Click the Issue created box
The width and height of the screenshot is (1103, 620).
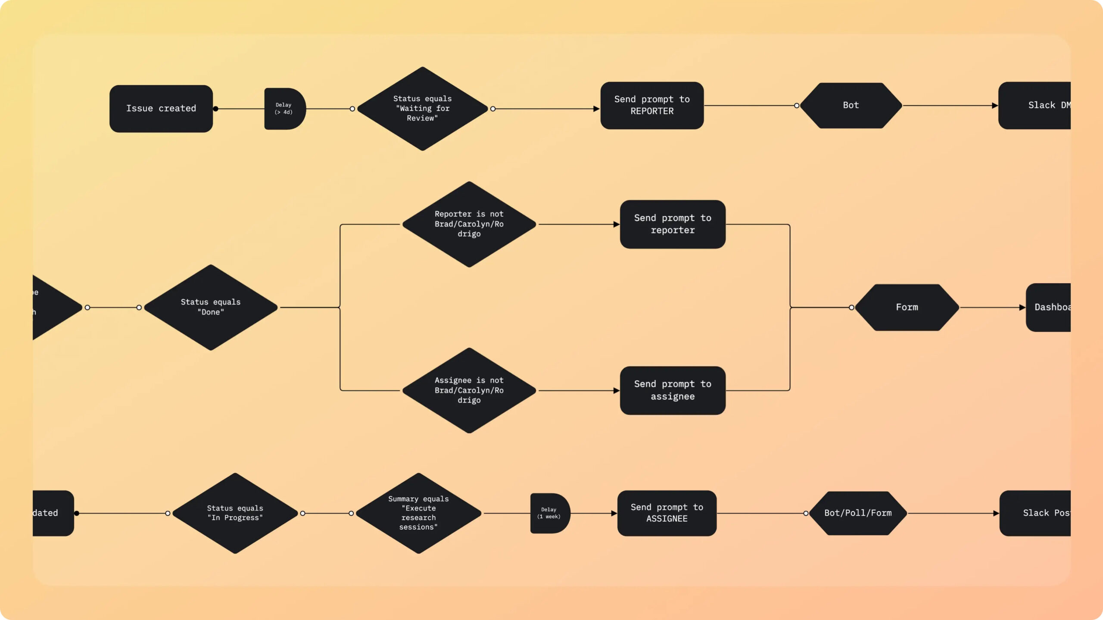pyautogui.click(x=161, y=109)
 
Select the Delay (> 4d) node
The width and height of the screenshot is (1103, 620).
pyautogui.click(x=284, y=109)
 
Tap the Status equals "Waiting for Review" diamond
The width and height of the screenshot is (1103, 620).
pyautogui.click(x=422, y=109)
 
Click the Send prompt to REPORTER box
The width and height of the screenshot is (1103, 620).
pyautogui.click(x=652, y=106)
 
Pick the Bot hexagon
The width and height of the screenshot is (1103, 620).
pyautogui.click(x=851, y=106)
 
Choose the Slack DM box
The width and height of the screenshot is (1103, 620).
pyautogui.click(x=1036, y=106)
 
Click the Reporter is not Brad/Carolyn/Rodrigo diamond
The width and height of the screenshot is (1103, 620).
pyautogui.click(x=469, y=224)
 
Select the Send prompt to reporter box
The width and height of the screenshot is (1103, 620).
pyautogui.click(x=672, y=224)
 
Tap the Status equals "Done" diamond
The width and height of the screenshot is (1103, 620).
pyautogui.click(x=211, y=307)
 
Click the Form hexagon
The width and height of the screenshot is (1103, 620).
pyautogui.click(x=907, y=307)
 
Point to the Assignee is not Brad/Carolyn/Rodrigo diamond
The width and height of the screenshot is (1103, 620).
pyautogui.click(x=469, y=390)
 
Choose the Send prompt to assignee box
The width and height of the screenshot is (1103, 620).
pyautogui.click(x=672, y=390)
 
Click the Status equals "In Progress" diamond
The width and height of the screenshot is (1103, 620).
pyautogui.click(x=235, y=513)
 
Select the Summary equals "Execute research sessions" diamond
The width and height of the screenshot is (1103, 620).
pyautogui.click(x=418, y=513)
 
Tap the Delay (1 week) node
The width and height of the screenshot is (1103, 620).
pyautogui.click(x=549, y=513)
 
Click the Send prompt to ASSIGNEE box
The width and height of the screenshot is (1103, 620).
pyautogui.click(x=667, y=513)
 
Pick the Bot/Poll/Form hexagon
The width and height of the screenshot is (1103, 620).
pyautogui.click(x=858, y=513)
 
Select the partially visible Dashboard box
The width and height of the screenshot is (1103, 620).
pyautogui.click(x=1050, y=307)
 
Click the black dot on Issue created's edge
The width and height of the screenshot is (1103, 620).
pyautogui.click(x=215, y=109)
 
